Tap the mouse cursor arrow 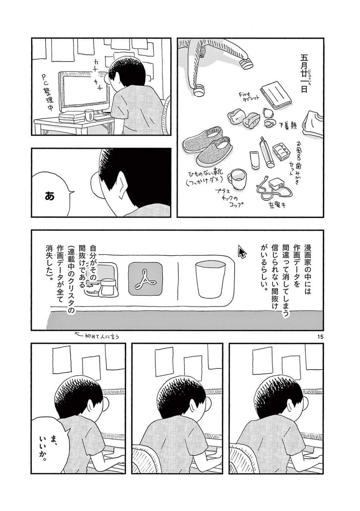(242, 251)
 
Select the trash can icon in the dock (209, 280)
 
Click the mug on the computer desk (89, 115)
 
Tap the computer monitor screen (84, 90)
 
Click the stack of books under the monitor (72, 116)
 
